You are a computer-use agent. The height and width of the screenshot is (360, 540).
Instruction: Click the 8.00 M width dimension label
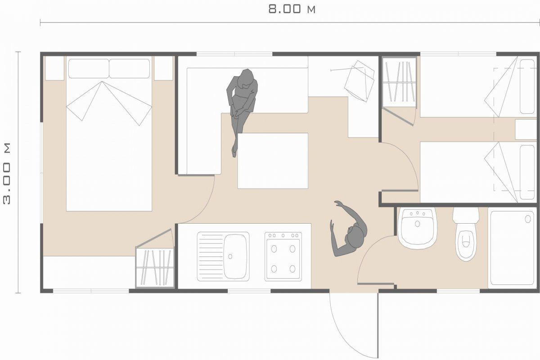click(x=292, y=9)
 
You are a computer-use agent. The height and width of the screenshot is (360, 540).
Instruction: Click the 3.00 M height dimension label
click(x=7, y=174)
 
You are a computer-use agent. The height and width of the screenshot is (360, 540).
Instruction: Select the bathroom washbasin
click(x=418, y=228)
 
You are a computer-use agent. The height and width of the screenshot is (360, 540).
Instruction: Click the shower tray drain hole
click(x=528, y=219)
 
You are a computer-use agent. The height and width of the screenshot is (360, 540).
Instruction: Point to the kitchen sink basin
click(x=235, y=256)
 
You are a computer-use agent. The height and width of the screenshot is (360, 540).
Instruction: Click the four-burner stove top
click(x=283, y=256)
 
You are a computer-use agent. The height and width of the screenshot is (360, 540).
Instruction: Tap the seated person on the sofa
click(x=241, y=108)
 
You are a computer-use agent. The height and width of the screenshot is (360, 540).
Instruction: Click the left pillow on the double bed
click(x=89, y=69)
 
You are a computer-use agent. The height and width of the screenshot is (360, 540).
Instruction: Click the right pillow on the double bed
click(x=130, y=69)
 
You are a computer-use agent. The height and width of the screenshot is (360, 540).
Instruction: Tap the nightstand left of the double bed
click(x=55, y=68)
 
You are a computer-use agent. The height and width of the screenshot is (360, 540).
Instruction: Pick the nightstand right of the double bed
click(x=163, y=68)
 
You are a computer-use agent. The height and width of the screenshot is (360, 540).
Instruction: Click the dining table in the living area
click(x=273, y=161)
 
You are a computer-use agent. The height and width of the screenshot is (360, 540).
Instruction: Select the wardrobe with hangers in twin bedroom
click(x=399, y=82)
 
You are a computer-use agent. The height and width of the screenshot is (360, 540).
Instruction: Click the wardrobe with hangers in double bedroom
click(x=154, y=268)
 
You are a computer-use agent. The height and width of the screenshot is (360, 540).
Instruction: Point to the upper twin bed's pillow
click(x=527, y=86)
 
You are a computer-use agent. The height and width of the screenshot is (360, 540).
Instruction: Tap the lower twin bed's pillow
click(x=527, y=172)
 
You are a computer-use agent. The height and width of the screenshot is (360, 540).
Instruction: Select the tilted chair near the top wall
click(x=360, y=81)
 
